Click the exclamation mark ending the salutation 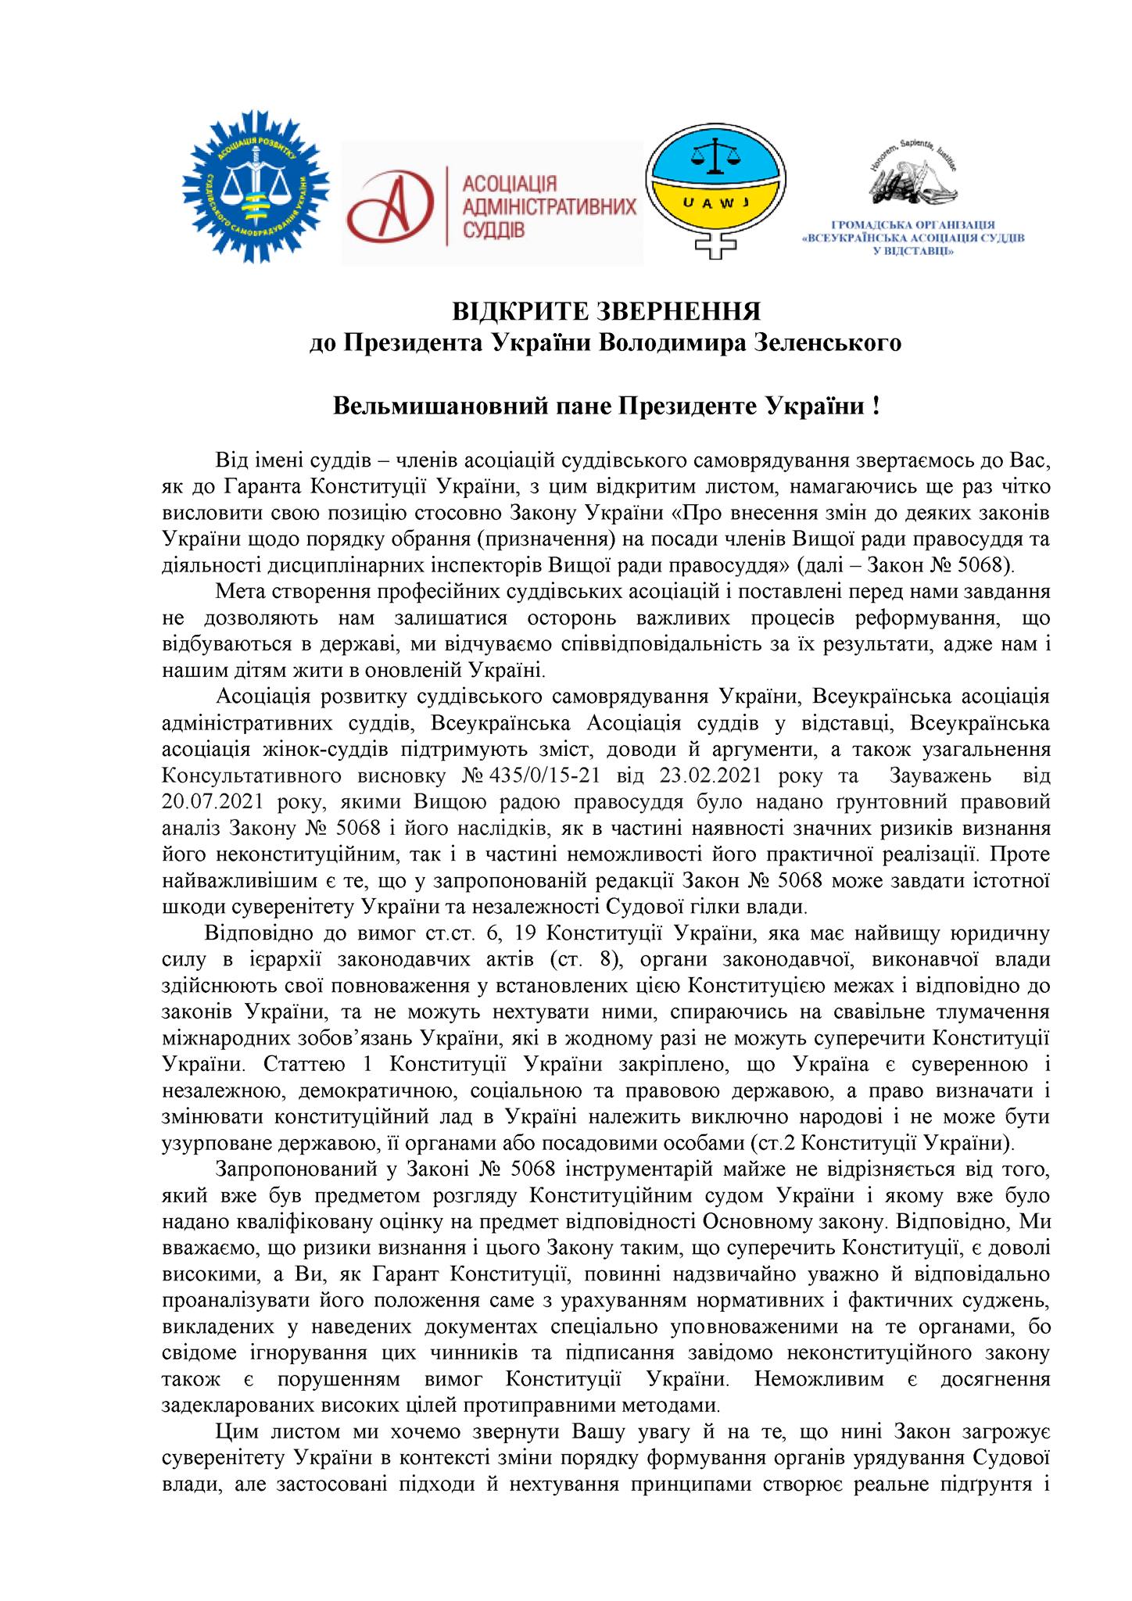point(875,407)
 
